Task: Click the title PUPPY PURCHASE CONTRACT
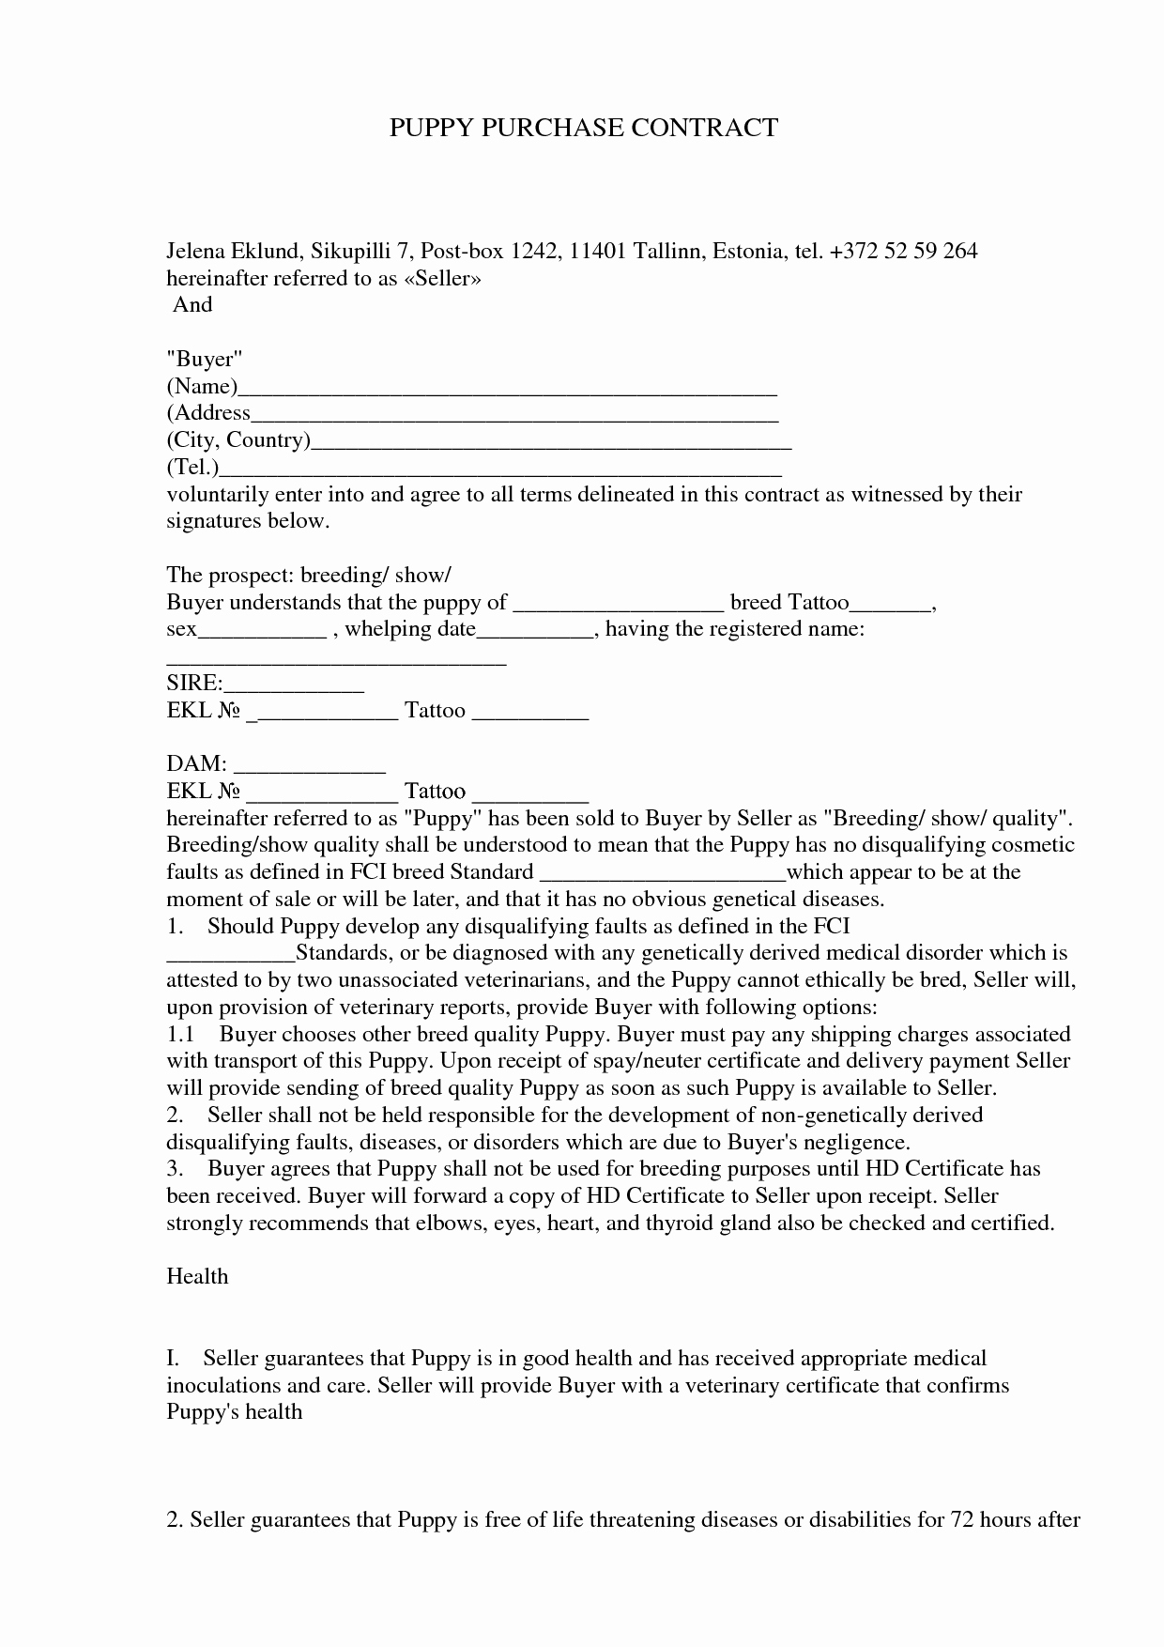[x=583, y=128]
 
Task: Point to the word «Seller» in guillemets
[x=442, y=278]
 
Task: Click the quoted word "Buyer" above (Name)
[x=205, y=359]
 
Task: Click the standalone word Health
[x=197, y=1276]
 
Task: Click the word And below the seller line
[x=192, y=304]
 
